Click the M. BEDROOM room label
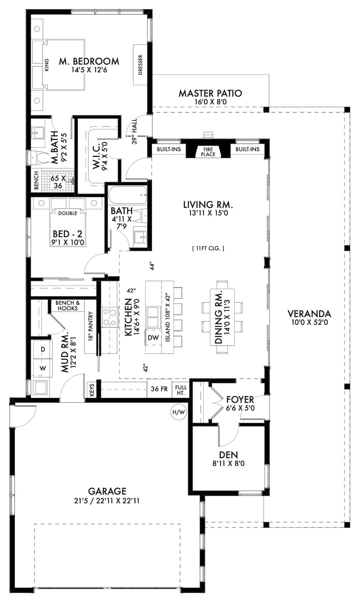click(x=89, y=62)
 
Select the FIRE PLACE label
click(x=208, y=152)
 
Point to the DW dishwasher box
click(x=153, y=338)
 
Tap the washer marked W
click(x=43, y=368)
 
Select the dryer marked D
click(x=43, y=349)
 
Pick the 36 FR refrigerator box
click(x=159, y=389)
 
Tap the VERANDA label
click(x=309, y=314)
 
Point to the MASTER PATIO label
click(x=210, y=93)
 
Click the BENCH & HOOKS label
click(x=68, y=305)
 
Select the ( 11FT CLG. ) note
click(x=208, y=248)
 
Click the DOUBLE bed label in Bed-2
click(x=68, y=213)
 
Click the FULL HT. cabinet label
click(x=180, y=390)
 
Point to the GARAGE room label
click(x=107, y=491)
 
